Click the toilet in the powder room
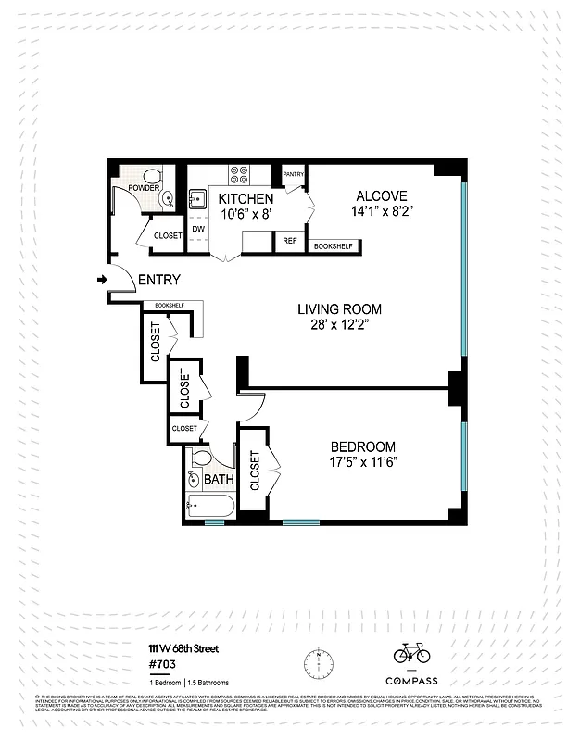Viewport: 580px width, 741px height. click(153, 177)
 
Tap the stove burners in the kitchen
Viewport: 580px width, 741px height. click(239, 175)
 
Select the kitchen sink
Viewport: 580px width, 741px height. click(197, 198)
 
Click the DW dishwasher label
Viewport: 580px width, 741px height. click(198, 228)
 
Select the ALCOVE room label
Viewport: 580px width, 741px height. click(381, 196)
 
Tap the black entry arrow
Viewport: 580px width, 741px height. click(101, 279)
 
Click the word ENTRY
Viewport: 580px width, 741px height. click(158, 281)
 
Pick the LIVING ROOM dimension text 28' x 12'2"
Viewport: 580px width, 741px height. click(339, 325)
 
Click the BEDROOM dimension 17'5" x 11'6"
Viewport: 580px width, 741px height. click(362, 462)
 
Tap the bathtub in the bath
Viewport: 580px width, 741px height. click(210, 507)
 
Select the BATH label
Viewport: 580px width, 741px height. click(220, 480)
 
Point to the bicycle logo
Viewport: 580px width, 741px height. click(411, 653)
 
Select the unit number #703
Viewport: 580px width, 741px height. click(161, 663)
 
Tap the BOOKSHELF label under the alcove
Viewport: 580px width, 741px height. click(333, 246)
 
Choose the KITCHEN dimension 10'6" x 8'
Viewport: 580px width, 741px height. click(246, 214)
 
